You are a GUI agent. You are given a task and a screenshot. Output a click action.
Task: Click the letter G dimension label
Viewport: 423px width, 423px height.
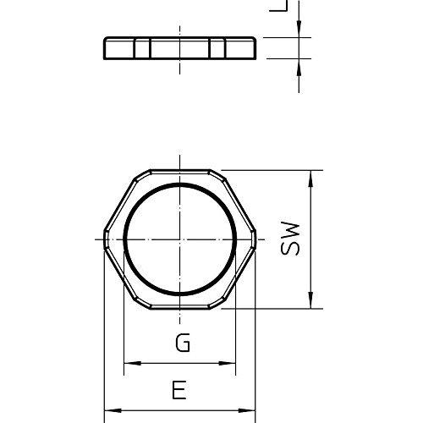pos(183,343)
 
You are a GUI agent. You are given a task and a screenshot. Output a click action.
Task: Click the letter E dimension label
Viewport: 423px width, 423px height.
pos(179,390)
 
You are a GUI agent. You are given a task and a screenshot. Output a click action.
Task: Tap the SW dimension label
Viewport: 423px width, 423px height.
pos(290,239)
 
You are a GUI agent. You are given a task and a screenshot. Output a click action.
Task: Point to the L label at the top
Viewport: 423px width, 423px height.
pos(278,6)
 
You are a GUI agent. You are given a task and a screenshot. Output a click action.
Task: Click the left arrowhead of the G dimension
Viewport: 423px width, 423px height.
pos(133,363)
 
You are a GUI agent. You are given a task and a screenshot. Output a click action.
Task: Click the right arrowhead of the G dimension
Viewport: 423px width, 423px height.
pos(228,363)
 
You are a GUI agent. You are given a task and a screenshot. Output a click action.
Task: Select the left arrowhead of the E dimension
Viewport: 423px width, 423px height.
pos(113,410)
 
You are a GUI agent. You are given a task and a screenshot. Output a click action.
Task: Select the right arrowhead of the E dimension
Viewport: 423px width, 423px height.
pos(247,410)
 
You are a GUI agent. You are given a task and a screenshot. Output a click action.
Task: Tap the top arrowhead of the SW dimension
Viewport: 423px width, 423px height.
pos(310,179)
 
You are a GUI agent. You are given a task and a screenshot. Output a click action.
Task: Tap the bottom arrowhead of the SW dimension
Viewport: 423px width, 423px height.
pos(310,300)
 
